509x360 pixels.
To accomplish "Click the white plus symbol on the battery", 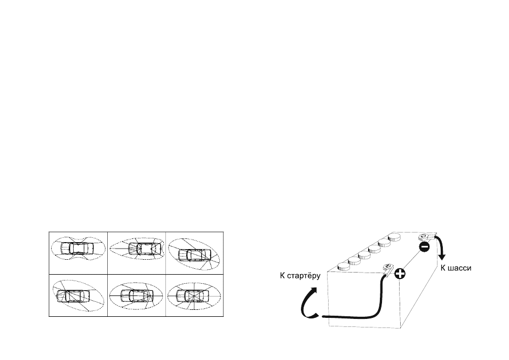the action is (400, 274).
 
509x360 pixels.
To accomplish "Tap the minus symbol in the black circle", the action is (424, 247).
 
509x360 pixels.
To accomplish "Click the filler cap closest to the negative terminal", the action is (394, 237).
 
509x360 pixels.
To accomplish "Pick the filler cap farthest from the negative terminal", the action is (344, 267).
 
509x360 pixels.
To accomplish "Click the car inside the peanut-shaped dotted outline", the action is (77, 249).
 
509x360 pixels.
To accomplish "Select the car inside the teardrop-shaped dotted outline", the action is (145, 249).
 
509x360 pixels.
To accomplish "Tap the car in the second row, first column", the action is (73, 295).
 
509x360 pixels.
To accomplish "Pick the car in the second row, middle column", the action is (137, 295).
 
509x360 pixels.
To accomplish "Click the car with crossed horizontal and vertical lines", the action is (193, 295).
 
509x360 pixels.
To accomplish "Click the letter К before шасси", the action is (443, 268).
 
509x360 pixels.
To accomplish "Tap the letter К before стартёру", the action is (282, 276).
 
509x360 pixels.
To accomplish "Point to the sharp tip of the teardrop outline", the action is (110, 249).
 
